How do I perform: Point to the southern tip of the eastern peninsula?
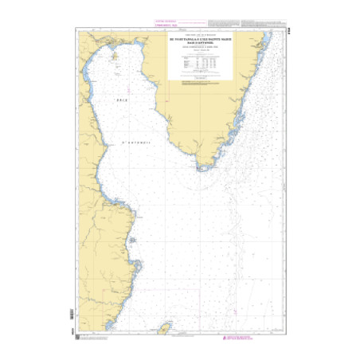203,167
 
